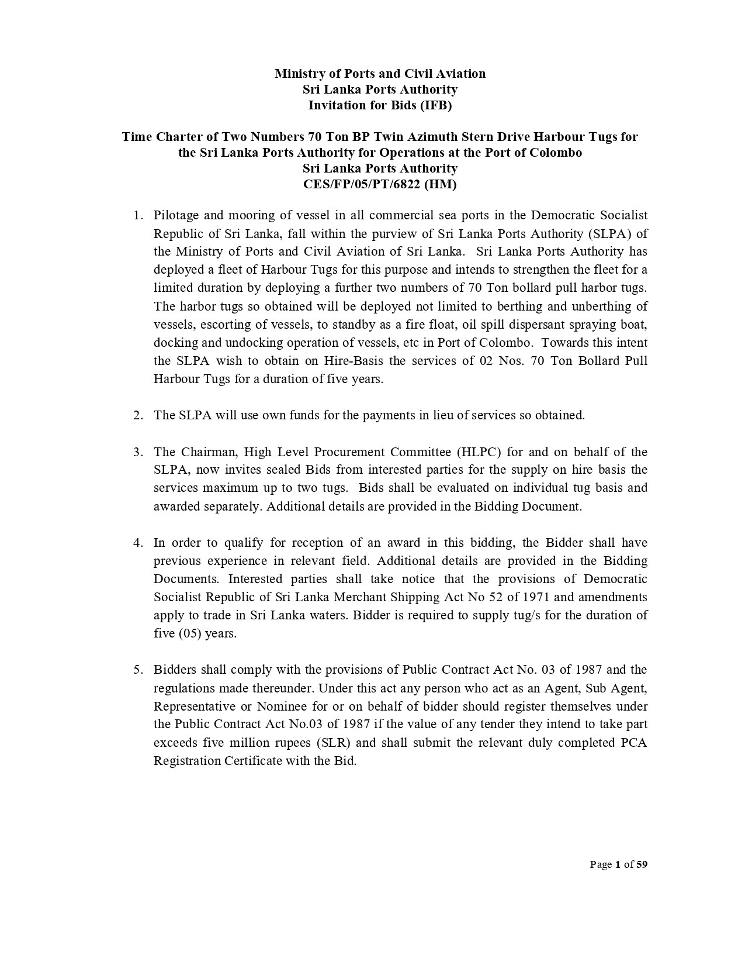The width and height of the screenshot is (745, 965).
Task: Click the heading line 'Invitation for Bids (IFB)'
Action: point(380,105)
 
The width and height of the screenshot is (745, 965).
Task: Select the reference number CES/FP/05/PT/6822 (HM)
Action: point(380,184)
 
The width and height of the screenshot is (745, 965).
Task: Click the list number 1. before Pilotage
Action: point(138,215)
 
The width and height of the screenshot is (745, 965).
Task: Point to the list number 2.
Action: point(138,415)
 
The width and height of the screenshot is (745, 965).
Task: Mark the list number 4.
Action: point(138,543)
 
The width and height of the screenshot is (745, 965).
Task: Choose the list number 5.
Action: point(138,670)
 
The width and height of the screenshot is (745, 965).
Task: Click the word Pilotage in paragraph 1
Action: point(178,215)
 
